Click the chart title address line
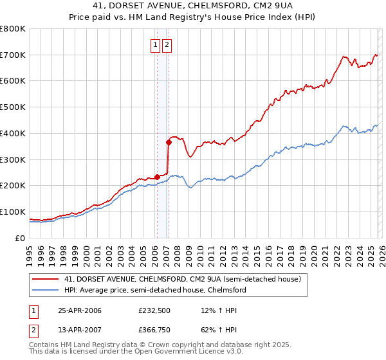point(192,7)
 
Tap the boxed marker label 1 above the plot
point(156,45)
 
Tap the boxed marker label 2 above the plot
point(167,45)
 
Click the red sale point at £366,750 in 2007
point(169,142)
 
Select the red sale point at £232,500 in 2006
point(158,177)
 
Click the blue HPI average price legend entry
point(154,290)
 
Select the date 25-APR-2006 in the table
point(80,311)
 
